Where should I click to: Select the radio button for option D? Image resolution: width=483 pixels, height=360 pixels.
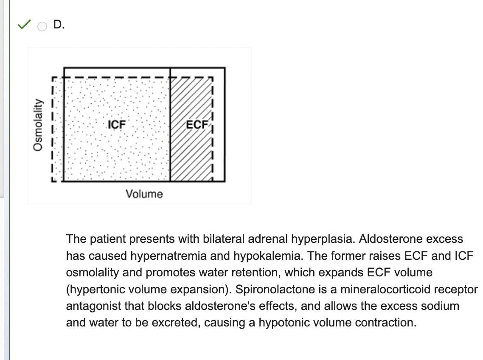pos(42,26)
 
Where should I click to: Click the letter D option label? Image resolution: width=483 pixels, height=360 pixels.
pos(59,25)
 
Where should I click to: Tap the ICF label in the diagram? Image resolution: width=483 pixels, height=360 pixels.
pos(117,124)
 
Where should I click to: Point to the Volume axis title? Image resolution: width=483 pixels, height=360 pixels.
pos(144,194)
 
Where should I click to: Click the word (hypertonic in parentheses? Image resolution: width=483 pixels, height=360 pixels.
pos(94,290)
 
